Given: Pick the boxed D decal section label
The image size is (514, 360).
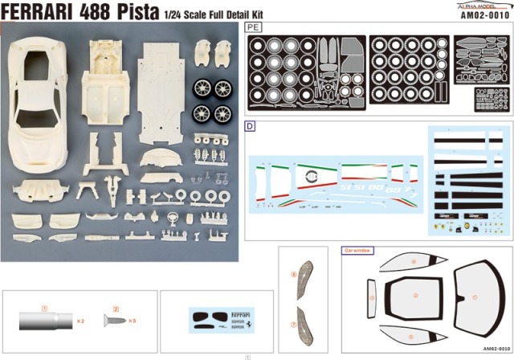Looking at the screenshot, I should pyautogui.click(x=250, y=126).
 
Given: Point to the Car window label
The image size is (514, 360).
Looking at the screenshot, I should pyautogui.click(x=359, y=251).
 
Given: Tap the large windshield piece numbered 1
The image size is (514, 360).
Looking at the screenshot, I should pyautogui.click(x=475, y=297).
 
